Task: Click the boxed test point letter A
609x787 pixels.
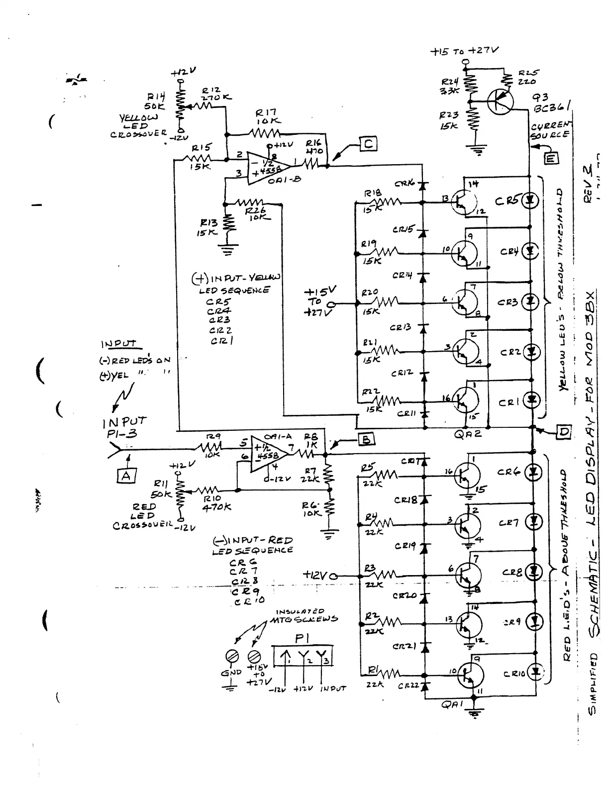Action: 126,476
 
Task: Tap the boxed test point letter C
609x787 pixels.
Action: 368,145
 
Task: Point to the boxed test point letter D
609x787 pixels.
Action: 563,431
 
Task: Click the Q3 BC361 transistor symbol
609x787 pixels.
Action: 499,102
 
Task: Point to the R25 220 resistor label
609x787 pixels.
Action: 527,77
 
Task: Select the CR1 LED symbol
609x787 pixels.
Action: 532,398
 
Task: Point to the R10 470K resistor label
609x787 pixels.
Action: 217,503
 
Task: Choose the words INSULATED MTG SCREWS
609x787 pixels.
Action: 304,615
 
